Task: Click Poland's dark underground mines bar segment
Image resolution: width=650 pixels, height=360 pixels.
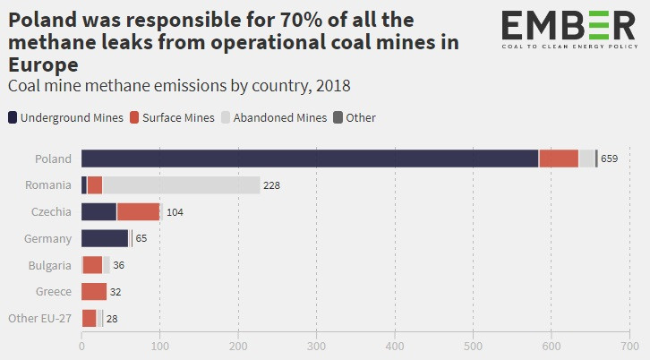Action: (x=310, y=159)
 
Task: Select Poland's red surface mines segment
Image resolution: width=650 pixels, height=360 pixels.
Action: (x=559, y=159)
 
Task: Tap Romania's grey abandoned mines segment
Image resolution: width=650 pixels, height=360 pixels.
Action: (x=181, y=185)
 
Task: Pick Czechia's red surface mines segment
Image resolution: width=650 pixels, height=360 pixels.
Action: (x=138, y=212)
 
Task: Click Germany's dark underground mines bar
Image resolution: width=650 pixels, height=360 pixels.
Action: (x=105, y=238)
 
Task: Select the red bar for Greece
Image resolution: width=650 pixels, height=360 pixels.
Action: (x=94, y=291)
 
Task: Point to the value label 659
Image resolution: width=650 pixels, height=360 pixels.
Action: (x=610, y=159)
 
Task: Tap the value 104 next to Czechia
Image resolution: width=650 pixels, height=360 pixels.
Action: (x=175, y=213)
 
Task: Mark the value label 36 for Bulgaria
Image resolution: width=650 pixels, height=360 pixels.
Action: (x=119, y=265)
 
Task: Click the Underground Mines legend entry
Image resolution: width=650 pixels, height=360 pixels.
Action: (x=64, y=117)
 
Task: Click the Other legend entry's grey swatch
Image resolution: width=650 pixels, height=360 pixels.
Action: (x=338, y=117)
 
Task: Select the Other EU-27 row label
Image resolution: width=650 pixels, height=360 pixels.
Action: (x=39, y=318)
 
